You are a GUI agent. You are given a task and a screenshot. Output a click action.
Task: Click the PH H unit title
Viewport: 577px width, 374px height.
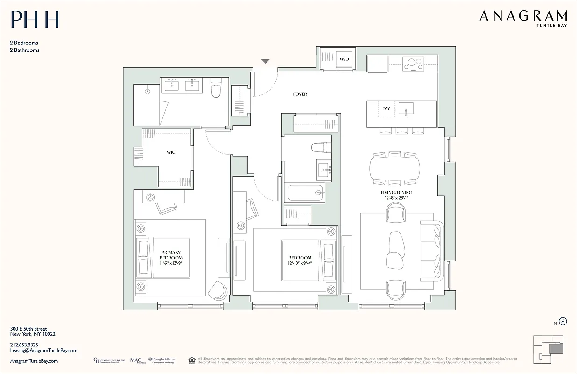pos(35,20)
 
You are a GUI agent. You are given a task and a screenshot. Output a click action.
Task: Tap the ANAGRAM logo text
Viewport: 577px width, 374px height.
pos(523,16)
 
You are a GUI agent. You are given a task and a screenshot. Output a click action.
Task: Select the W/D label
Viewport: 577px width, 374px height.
pos(344,59)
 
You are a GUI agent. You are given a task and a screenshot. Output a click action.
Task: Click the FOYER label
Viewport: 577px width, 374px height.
pos(300,94)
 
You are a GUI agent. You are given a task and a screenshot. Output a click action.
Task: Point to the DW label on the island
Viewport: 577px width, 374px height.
pos(386,109)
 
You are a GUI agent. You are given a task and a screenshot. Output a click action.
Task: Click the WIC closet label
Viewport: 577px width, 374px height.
pos(171,152)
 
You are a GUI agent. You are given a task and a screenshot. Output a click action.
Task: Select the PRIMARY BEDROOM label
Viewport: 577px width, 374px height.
pos(171,255)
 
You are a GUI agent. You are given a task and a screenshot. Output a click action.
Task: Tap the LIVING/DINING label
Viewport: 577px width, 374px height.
pos(395,193)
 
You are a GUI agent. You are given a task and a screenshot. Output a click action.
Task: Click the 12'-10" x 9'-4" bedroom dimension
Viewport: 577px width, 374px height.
pos(300,263)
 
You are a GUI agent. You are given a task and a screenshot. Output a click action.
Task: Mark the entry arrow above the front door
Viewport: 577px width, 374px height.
pos(265,61)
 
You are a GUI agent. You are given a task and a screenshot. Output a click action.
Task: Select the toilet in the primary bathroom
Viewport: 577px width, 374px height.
pos(216,88)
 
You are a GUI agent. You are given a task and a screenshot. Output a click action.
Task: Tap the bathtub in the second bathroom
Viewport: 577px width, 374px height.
pos(306,192)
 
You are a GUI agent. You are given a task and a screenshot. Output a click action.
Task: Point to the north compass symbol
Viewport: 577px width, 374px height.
pos(563,321)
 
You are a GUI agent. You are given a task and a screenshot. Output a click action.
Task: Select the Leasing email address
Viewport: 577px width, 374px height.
pos(43,350)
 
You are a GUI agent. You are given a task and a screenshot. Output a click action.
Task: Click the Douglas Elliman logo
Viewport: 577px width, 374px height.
pos(162,360)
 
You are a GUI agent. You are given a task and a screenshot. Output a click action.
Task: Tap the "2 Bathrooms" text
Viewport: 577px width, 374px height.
pos(25,50)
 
